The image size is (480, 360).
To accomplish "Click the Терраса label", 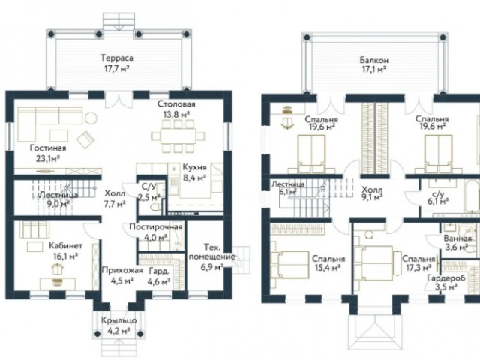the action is pyautogui.click(x=117, y=58).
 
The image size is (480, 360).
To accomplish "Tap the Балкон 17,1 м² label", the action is pyautogui.click(x=373, y=65).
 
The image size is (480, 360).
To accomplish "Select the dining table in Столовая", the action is pyautogui.click(x=178, y=136).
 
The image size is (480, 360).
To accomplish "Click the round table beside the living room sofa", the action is pyautogui.click(x=91, y=118).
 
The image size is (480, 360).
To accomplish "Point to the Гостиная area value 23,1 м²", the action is pyautogui.click(x=47, y=159).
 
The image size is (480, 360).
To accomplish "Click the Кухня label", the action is pyautogui.click(x=194, y=167).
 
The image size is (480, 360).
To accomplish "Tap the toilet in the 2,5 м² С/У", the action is pyautogui.click(x=156, y=207).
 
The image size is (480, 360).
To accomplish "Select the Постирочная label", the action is pyautogui.click(x=155, y=227).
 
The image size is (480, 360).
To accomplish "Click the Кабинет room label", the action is pyautogui.click(x=65, y=246).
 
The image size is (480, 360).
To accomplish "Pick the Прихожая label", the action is pyautogui.click(x=122, y=270).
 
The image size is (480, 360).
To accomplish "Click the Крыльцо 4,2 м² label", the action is pyautogui.click(x=118, y=325).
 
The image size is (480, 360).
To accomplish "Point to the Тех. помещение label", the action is pyautogui.click(x=211, y=252).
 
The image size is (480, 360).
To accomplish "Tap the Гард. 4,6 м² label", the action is pyautogui.click(x=159, y=276).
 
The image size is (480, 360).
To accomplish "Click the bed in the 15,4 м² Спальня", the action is pyautogui.click(x=289, y=265).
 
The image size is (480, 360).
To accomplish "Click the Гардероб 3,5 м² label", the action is pyautogui.click(x=446, y=282).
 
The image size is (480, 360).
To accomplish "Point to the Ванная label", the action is pyautogui.click(x=457, y=238).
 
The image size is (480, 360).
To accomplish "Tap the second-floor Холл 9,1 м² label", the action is pyautogui.click(x=372, y=193).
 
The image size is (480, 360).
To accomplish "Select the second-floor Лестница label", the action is pyautogui.click(x=288, y=184).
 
